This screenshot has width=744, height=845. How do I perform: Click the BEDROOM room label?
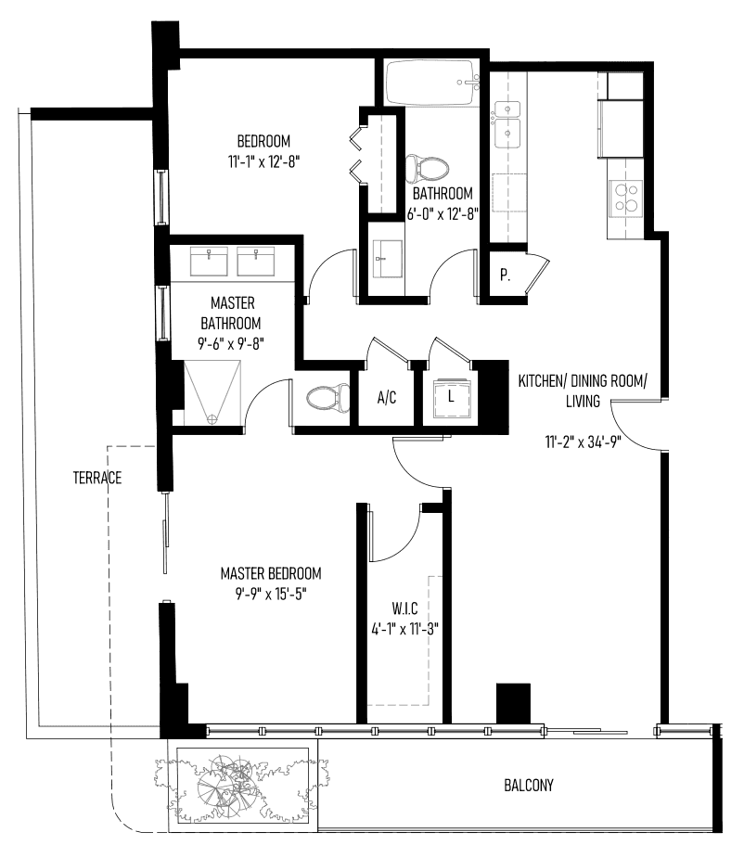point(263,141)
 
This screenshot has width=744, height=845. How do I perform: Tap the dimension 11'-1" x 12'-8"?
point(263,161)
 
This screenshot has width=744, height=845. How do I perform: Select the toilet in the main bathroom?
point(427,168)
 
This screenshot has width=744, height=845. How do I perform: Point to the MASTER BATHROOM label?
point(231,314)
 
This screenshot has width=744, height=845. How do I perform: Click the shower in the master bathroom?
point(212,392)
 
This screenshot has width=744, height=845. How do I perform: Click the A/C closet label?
point(387,398)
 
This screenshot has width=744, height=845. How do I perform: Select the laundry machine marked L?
point(452,398)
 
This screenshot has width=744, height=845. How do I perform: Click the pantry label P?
point(505,275)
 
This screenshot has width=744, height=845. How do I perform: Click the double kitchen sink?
point(507,124)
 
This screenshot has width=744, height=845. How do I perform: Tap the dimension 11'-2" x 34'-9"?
point(583,442)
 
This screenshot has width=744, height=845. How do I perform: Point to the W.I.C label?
point(404,609)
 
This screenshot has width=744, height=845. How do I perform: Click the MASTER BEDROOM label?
point(271,573)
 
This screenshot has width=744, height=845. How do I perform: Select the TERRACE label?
point(97,478)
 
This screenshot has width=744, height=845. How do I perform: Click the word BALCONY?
point(529,786)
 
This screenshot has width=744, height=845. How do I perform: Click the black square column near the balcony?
point(513,703)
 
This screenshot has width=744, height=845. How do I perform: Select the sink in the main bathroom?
point(388,259)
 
